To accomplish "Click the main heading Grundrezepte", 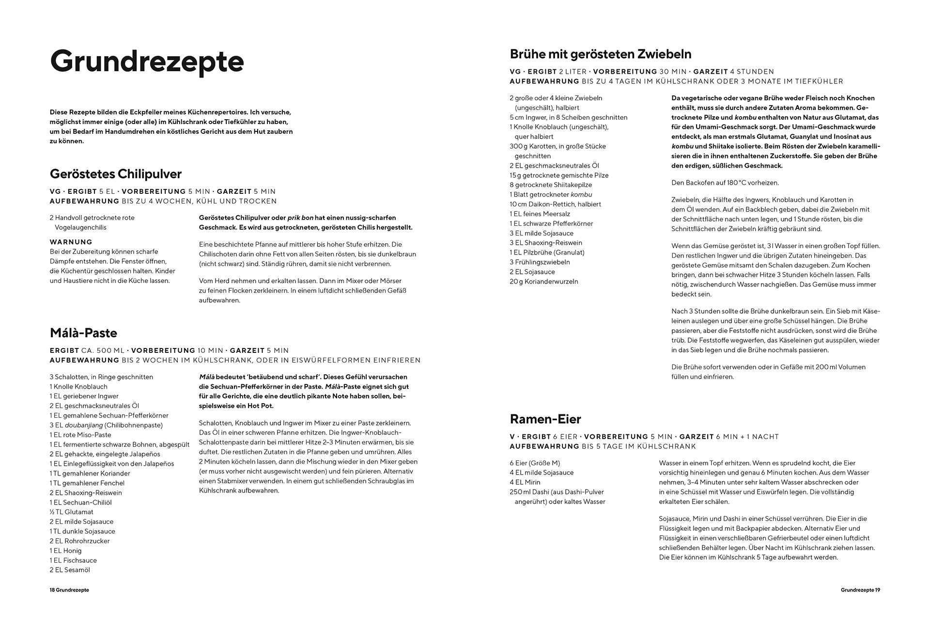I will (147, 62).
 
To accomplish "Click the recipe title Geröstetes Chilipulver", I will (116, 174).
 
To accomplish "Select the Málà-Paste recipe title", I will (83, 333).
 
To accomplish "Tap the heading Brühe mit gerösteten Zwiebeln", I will (601, 54).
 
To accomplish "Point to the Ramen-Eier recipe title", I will (545, 419).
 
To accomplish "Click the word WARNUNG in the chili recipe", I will (71, 242).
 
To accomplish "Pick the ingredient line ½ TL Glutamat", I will (71, 512).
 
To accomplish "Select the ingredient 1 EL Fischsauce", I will (73, 560).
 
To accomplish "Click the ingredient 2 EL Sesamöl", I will (70, 570).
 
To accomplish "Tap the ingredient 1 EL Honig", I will (65, 551).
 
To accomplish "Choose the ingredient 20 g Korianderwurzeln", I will (543, 282).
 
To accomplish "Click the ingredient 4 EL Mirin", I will (525, 482).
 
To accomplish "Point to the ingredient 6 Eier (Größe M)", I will (535, 463).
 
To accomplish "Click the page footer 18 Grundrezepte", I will (69, 590).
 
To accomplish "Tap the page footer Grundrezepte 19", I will (860, 590).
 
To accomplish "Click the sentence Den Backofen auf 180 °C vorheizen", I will (725, 183).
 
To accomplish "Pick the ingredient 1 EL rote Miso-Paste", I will (80, 435).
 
